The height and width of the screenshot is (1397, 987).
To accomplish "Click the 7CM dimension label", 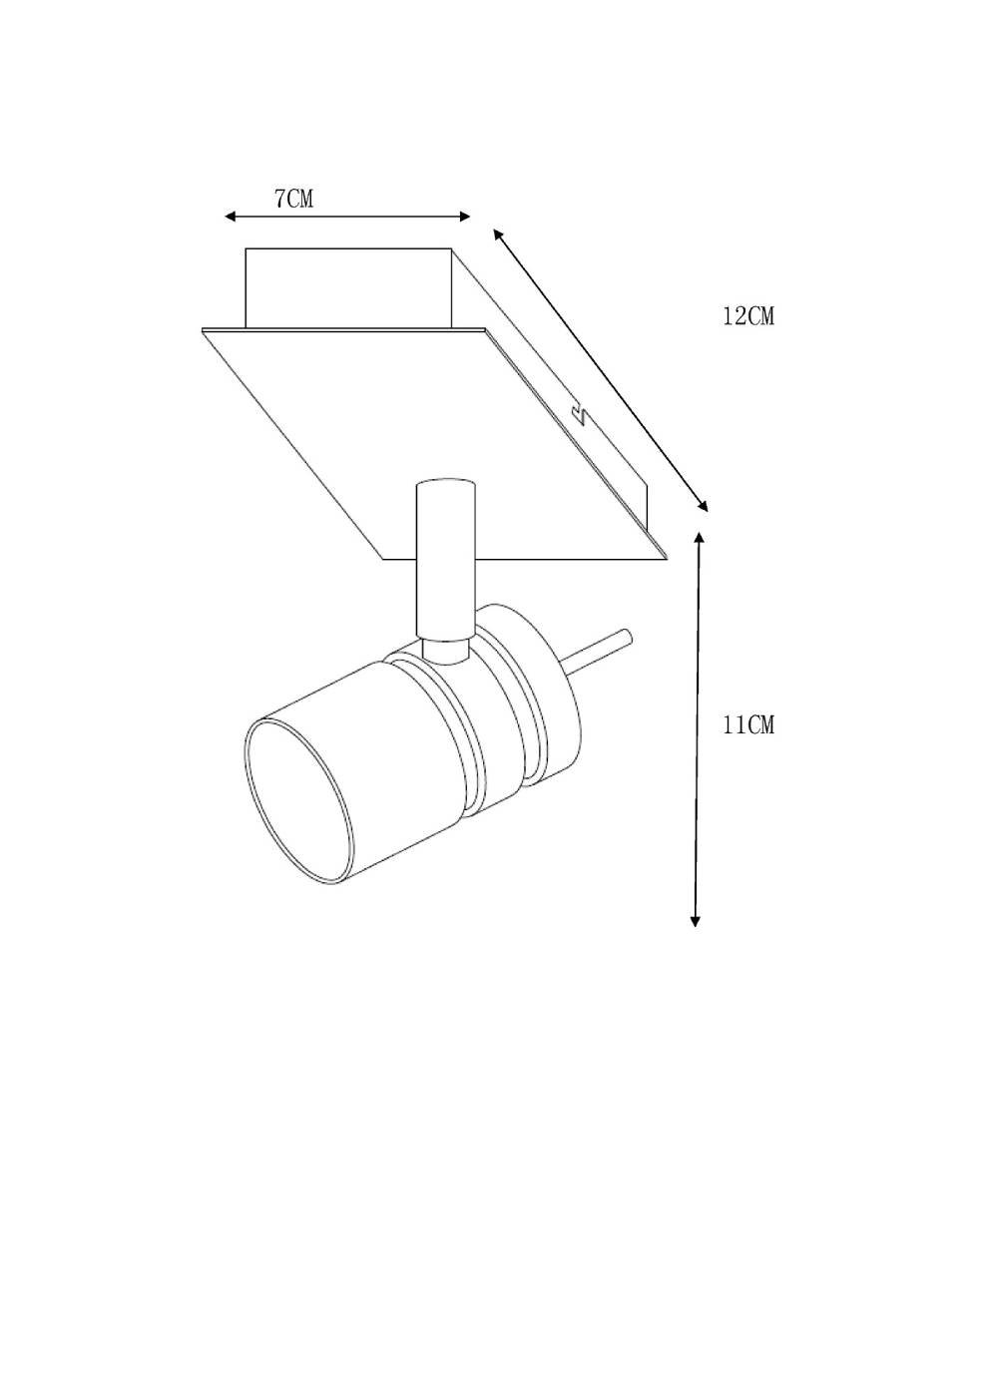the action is tap(293, 199).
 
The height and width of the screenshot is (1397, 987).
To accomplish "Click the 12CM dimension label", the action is tap(748, 316).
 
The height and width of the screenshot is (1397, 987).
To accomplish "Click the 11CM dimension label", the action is tap(748, 724).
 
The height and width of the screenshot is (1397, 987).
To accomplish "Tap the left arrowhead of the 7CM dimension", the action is tap(231, 217).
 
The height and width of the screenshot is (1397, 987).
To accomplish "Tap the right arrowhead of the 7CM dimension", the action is tap(464, 217).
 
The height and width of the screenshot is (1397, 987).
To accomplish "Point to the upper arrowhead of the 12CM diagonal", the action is tap(498, 234).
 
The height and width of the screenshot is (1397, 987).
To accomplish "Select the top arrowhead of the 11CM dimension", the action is tap(700, 539).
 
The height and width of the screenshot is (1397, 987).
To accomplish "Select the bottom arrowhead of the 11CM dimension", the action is tap(696, 921).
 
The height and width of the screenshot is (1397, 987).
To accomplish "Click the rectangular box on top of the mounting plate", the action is tap(348, 287).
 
